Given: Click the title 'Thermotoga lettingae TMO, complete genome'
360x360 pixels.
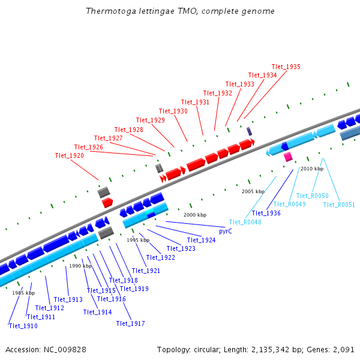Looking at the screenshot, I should point(180,11).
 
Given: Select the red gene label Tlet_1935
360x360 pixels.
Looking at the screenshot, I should point(286,67).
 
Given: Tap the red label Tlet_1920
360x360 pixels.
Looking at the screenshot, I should point(69,155).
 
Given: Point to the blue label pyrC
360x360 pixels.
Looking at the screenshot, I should point(226,231).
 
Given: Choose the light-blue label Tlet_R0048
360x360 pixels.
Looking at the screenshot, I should point(245,222).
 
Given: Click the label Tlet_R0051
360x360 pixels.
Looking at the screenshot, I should point(339,205).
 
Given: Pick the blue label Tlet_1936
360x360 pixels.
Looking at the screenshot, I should point(266,213).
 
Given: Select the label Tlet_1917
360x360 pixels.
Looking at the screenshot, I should point(130,323).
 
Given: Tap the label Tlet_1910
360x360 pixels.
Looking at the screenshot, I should point(23,326).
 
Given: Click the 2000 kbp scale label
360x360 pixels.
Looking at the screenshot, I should point(195,215).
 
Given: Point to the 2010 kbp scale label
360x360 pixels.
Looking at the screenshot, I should point(312,169).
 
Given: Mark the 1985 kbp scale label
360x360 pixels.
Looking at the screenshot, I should point(23,293).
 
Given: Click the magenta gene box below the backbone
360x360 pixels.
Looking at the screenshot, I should point(288,157).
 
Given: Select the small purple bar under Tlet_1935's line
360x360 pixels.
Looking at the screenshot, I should point(249,131).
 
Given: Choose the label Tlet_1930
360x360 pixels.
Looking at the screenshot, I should point(173,111).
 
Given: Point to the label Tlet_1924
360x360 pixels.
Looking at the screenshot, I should point(200,240).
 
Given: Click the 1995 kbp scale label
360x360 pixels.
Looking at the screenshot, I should point(138,240).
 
